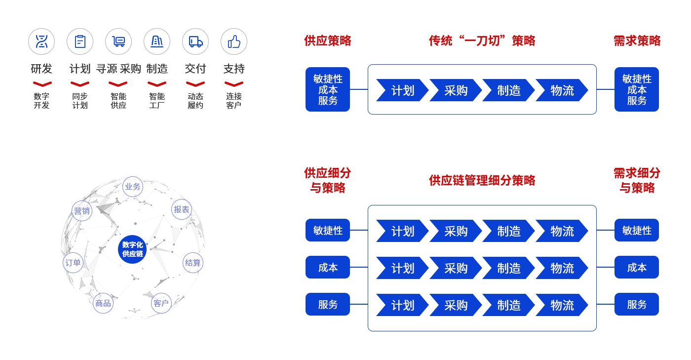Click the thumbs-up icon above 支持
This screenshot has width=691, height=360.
[x=233, y=41]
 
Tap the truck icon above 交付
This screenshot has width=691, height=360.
[x=195, y=41]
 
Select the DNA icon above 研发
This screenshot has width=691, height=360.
[x=41, y=41]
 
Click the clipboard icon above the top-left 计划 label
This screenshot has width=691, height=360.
[x=80, y=41]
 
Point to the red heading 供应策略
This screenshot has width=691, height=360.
[x=328, y=40]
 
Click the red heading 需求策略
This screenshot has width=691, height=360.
[x=637, y=40]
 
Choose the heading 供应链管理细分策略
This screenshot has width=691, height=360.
[x=482, y=180]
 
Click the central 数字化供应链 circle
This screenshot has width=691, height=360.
[x=132, y=249]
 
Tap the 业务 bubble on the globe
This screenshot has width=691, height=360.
[x=132, y=187]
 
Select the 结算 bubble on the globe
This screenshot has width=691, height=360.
[x=192, y=263]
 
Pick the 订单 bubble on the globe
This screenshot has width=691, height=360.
[x=73, y=263]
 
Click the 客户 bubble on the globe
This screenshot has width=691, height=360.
[x=161, y=303]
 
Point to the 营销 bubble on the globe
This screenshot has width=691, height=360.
[x=82, y=211]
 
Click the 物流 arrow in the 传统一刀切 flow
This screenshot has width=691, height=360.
[x=562, y=90]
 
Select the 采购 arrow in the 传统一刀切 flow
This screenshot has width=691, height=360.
[x=455, y=90]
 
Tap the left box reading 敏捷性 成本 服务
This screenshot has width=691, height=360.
[x=328, y=89]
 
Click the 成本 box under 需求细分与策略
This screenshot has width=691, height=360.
[x=637, y=267]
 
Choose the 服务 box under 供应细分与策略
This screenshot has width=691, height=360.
[x=328, y=304]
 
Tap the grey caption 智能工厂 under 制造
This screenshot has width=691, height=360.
[x=157, y=101]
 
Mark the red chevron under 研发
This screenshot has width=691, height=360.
[x=41, y=84]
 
